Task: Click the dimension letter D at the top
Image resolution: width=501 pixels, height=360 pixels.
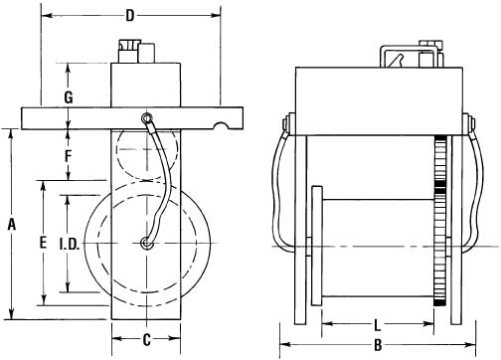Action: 130,16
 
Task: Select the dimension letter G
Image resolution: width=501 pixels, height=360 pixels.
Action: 69,97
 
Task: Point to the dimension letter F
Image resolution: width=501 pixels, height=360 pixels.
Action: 68,156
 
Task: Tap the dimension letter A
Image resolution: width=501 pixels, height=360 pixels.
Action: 12,225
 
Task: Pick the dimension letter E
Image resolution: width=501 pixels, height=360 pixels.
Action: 43,243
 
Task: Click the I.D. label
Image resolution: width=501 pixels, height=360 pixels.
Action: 70,245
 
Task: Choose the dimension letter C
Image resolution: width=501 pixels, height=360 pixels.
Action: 146,339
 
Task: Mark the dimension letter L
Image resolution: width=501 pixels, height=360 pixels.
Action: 377,325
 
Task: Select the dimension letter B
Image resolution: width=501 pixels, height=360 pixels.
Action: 378,345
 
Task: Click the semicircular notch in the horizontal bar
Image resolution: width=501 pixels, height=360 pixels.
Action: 223,125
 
